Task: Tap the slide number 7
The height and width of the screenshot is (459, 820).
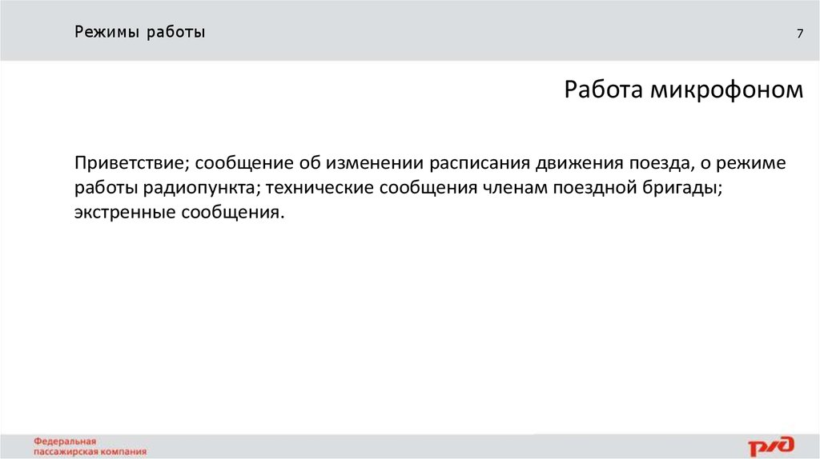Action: tap(798, 34)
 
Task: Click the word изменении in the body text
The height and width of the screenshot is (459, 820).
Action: tap(374, 163)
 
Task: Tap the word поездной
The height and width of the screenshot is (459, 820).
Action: tap(601, 189)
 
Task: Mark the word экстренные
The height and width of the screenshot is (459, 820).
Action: tap(124, 214)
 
